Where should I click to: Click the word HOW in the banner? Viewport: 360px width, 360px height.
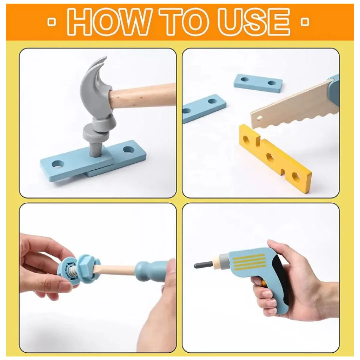click(110, 21)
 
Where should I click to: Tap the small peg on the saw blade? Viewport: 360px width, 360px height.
click(260, 118)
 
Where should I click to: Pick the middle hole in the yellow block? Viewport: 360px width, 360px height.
click(270, 157)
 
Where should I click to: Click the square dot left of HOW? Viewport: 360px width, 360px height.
click(52, 22)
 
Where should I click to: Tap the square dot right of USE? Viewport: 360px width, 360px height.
click(305, 22)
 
